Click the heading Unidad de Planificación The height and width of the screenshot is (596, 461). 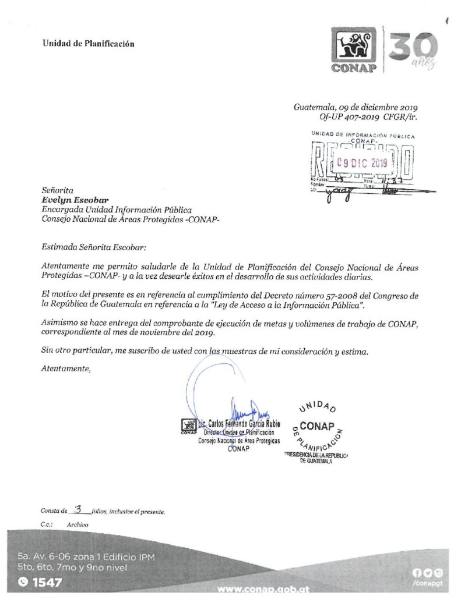88,44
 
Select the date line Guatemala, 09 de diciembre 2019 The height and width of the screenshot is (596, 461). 356,107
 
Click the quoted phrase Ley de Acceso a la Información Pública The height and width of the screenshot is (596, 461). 306,305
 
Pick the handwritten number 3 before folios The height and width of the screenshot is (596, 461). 78,510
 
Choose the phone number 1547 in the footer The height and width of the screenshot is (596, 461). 44,581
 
